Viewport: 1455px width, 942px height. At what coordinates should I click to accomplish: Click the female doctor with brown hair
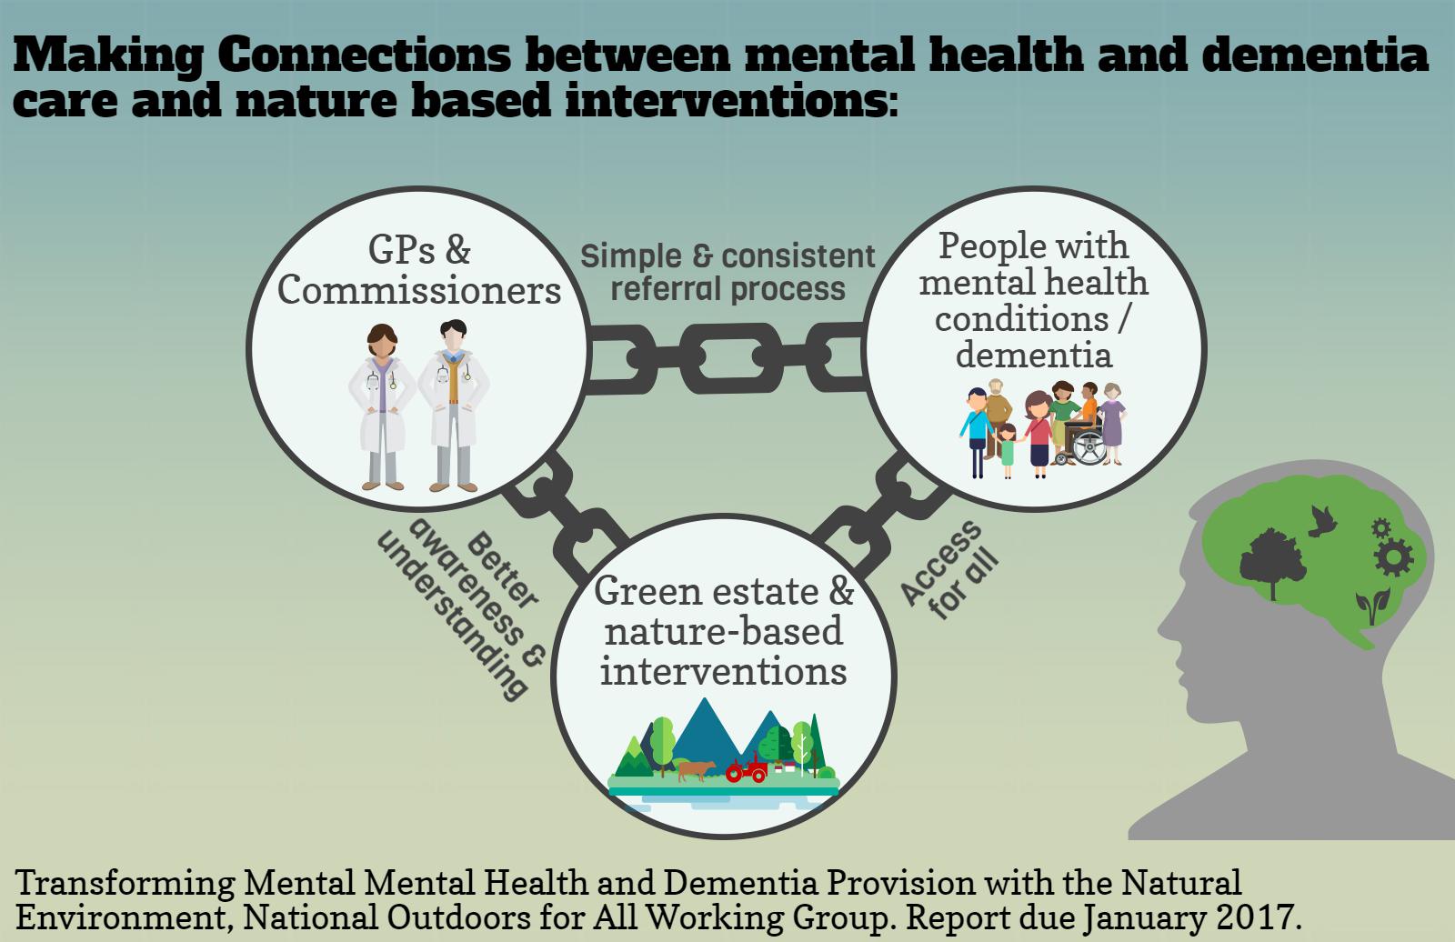pyautogui.click(x=382, y=406)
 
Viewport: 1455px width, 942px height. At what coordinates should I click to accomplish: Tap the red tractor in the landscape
pyautogui.click(x=748, y=768)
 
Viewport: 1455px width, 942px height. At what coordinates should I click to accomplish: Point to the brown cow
pyautogui.click(x=697, y=770)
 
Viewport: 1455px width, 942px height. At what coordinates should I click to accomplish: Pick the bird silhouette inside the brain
pyautogui.click(x=1321, y=521)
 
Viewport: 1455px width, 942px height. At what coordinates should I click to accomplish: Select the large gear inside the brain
pyautogui.click(x=1393, y=557)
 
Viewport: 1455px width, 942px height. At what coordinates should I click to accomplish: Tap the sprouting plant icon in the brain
pyautogui.click(x=1372, y=606)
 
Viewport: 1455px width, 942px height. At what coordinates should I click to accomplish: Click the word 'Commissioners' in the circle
pyautogui.click(x=419, y=290)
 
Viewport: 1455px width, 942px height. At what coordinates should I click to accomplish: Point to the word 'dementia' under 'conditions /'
pyautogui.click(x=1033, y=356)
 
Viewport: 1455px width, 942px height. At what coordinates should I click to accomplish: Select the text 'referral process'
pyautogui.click(x=727, y=288)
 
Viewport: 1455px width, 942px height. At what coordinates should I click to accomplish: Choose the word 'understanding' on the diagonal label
pyautogui.click(x=451, y=616)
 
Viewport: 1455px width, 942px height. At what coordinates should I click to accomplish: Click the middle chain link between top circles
pyautogui.click(x=730, y=357)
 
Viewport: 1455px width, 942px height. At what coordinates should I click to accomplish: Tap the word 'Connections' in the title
pyautogui.click(x=365, y=55)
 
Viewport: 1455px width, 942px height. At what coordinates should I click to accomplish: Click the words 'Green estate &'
pyautogui.click(x=724, y=592)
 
